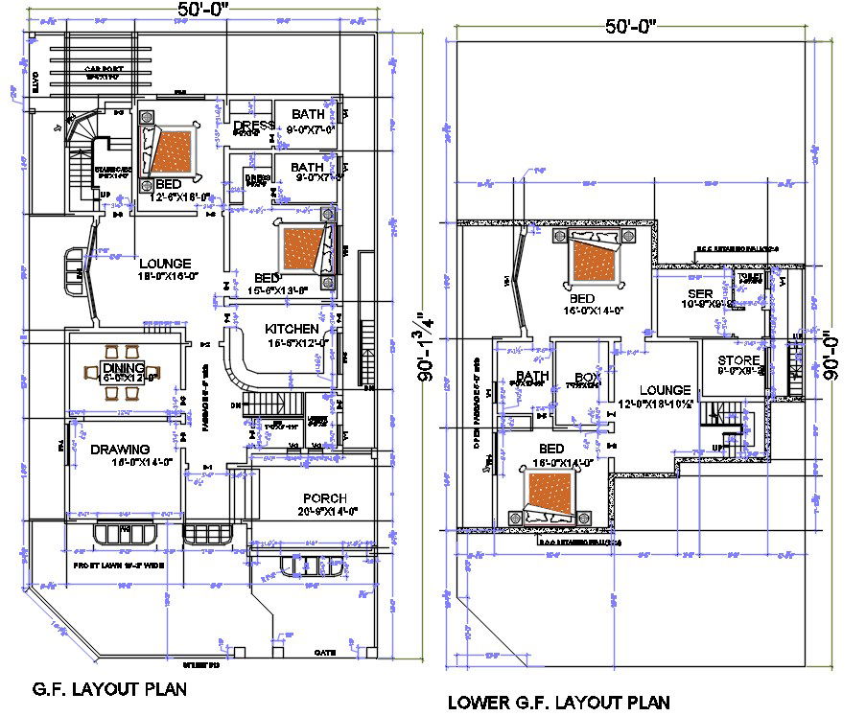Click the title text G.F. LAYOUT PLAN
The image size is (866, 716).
point(109,688)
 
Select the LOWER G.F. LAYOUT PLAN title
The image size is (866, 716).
point(558,703)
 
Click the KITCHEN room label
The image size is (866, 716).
point(292,329)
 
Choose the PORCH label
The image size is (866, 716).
point(324,498)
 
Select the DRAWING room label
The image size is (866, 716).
point(120,450)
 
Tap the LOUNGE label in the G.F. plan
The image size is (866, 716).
point(165,264)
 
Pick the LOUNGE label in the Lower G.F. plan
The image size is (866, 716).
point(665,390)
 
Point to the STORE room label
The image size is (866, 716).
point(738,360)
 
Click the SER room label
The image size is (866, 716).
point(698,293)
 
